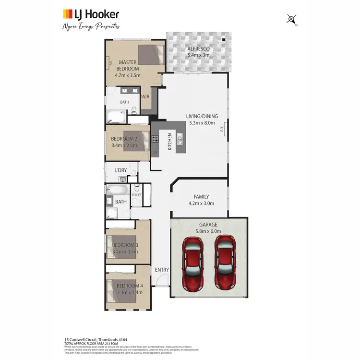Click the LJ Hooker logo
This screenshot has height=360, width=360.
91,14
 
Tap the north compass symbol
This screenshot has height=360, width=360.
292,20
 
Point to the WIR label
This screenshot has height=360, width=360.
145,96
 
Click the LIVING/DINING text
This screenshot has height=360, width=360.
202,116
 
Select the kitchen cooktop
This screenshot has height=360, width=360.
155,140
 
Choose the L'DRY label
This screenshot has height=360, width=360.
121,170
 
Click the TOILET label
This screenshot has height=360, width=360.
136,195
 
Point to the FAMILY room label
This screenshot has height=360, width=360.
201,197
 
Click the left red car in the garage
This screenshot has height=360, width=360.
193,261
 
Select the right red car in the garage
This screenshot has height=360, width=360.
226,261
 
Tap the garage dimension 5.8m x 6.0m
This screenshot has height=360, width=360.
208,231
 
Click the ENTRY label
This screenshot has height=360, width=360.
162,270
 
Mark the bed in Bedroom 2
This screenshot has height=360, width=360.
136,141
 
